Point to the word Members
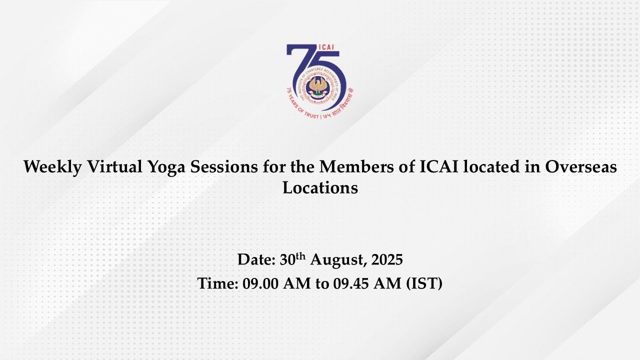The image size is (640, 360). coord(356,166)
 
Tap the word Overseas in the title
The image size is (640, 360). coord(581,166)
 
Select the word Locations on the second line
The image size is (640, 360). coord(320,187)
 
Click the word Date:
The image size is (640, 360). coord(256,259)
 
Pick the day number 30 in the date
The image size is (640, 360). coord(287,259)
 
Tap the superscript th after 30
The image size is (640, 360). coord(300,256)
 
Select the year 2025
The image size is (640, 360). coord(387,259)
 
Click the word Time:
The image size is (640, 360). coord(217,283)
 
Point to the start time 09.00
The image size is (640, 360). coord(260,283)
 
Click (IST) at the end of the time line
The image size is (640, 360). coord(424,283)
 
